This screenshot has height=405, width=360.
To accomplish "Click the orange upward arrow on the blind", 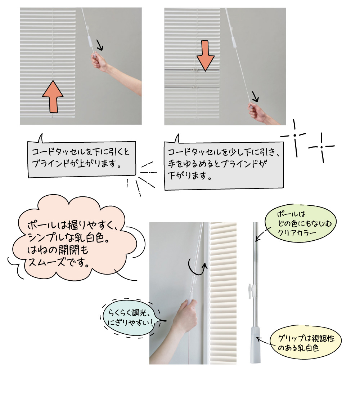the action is tap(53, 97).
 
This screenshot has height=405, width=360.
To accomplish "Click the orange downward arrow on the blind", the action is tap(206, 55).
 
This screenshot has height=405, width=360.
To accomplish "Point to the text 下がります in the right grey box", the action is tap(187, 176).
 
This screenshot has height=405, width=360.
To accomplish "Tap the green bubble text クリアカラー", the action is tap(297, 233).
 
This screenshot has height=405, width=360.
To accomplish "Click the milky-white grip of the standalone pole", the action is tap(255, 344).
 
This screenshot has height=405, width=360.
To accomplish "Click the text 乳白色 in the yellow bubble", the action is tap(309, 348).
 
